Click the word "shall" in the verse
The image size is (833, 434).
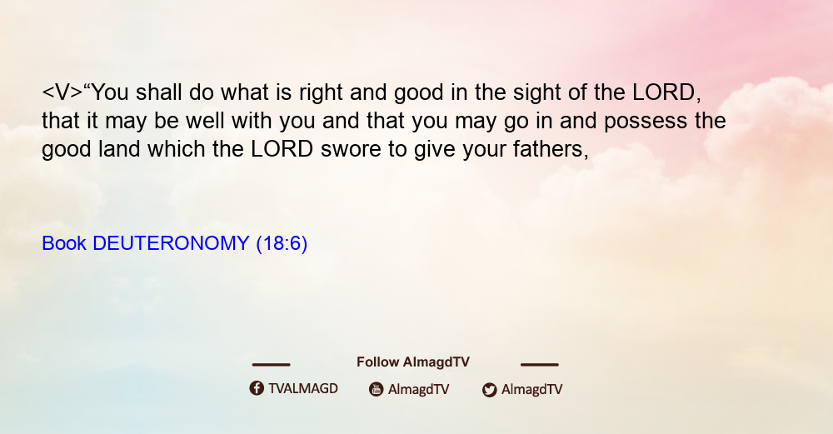click(158, 92)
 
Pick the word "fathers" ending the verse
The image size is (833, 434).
click(551, 149)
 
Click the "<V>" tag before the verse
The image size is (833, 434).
click(62, 93)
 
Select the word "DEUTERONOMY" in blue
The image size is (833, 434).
click(171, 243)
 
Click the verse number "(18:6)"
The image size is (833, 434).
click(282, 244)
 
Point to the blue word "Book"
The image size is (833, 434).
click(64, 243)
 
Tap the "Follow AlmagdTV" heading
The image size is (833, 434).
click(413, 362)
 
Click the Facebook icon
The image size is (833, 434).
click(257, 388)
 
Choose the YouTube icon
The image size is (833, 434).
click(377, 389)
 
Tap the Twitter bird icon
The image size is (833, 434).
click(489, 390)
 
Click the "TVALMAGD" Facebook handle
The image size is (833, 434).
click(303, 389)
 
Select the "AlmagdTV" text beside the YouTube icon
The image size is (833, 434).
click(419, 390)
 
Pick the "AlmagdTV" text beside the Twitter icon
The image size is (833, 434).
click(531, 390)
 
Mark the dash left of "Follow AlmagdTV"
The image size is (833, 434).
click(271, 365)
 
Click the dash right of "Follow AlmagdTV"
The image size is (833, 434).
click(540, 365)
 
